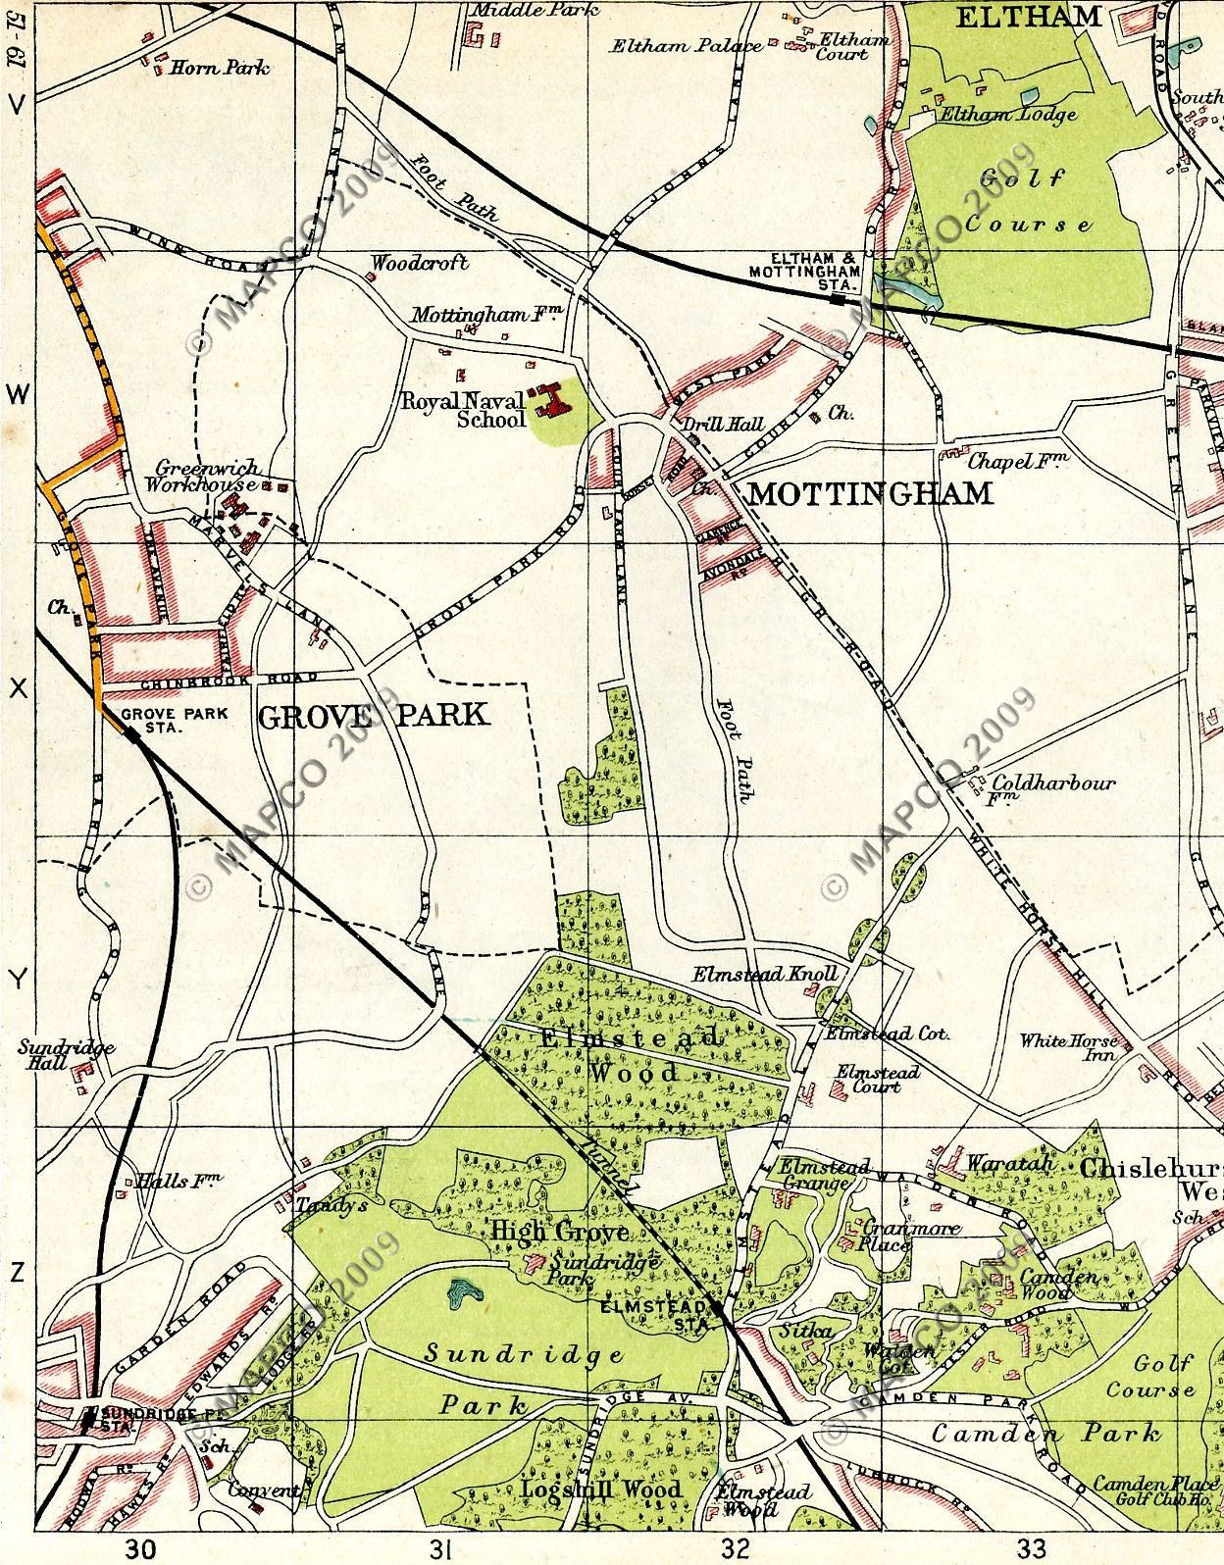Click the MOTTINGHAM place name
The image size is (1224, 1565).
870,493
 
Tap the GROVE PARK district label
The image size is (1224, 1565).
372,716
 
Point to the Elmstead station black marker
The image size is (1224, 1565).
720,1309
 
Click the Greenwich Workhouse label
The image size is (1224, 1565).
202,477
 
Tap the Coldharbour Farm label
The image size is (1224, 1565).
1052,785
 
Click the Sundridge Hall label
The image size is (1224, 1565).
65,1055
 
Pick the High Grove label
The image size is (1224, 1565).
545,1231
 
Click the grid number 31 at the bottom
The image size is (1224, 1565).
441,1549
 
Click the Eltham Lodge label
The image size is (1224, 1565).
1008,114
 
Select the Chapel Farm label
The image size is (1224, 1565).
1017,461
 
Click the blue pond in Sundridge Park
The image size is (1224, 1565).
461,1293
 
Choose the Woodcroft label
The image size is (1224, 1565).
420,263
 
